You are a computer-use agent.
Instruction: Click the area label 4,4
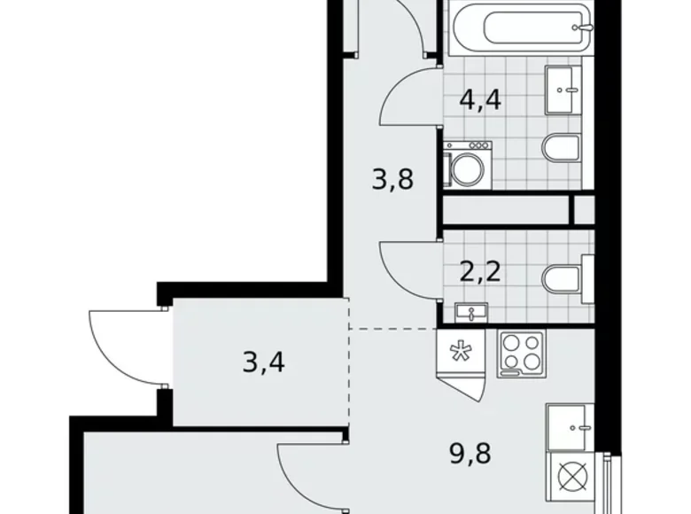pos(480,98)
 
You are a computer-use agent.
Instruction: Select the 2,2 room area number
pos(480,269)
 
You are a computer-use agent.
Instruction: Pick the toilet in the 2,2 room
pos(562,276)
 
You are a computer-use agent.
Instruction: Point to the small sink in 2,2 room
pos(470,311)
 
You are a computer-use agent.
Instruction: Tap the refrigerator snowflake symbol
pos(460,352)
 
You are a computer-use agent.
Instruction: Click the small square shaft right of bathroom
pos(583,210)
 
